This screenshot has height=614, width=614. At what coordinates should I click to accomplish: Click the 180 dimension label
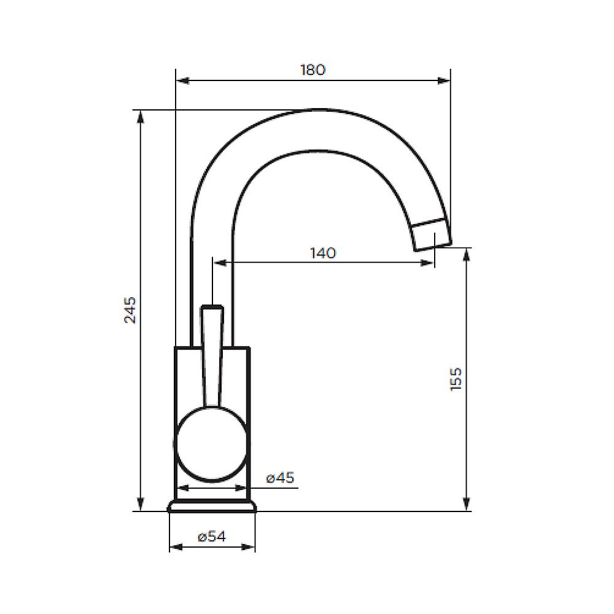[x=313, y=69]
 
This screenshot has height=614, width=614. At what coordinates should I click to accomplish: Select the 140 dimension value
[x=323, y=252]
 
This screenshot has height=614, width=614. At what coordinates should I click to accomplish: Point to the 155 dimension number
[x=456, y=379]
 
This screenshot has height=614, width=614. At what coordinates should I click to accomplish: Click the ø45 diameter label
[x=281, y=478]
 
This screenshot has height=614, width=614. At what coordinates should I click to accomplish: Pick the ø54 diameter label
[x=212, y=537]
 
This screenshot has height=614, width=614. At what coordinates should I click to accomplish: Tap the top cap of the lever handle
[x=212, y=306]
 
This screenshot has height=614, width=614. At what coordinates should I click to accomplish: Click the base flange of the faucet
[x=212, y=506]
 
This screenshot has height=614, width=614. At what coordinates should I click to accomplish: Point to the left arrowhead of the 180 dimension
[x=182, y=80]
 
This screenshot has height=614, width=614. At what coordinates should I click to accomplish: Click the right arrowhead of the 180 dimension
[x=445, y=80]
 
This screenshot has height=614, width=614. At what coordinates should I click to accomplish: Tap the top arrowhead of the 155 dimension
[x=467, y=254]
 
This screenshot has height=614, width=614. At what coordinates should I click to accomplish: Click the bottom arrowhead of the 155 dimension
[x=467, y=505]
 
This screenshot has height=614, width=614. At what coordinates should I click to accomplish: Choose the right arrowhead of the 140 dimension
[x=428, y=263]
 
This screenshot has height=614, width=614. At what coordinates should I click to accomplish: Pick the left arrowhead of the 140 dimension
[x=219, y=263]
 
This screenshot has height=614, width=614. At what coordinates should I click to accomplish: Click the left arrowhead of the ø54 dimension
[x=176, y=547]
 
